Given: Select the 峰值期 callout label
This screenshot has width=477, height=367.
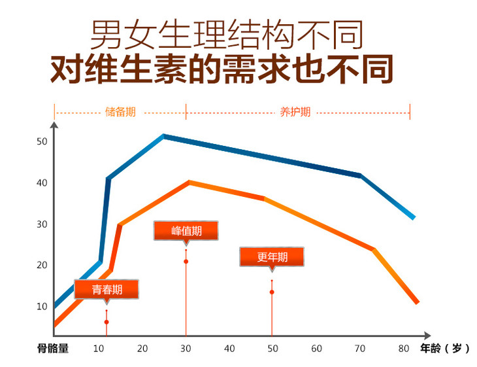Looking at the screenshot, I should [x=186, y=231].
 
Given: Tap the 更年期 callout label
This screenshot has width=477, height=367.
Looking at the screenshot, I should [x=272, y=257].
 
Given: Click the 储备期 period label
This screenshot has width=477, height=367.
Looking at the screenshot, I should [x=121, y=112].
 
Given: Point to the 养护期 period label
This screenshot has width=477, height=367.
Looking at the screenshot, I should [x=295, y=112].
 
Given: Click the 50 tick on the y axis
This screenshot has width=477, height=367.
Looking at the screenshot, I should [x=42, y=141].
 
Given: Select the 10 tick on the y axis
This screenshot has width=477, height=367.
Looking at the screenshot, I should [x=42, y=306].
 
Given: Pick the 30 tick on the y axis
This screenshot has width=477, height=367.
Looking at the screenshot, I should [x=42, y=224].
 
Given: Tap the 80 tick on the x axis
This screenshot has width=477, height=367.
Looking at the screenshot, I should [x=404, y=348].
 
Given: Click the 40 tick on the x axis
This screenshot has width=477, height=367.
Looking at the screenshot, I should [x=229, y=348].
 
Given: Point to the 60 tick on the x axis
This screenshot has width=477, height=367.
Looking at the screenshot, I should [x=317, y=348].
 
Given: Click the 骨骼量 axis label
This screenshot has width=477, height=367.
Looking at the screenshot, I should [x=53, y=348].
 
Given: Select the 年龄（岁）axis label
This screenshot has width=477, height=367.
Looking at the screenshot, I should [x=445, y=348].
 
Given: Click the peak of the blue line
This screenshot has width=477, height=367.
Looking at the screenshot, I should [x=163, y=136].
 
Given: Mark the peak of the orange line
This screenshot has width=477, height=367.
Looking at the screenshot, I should [x=189, y=182].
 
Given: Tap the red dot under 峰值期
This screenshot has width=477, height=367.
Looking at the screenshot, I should [x=186, y=262].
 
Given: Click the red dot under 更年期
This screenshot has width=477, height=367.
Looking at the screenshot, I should [x=272, y=292].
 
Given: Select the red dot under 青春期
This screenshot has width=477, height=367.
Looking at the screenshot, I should [x=107, y=322].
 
